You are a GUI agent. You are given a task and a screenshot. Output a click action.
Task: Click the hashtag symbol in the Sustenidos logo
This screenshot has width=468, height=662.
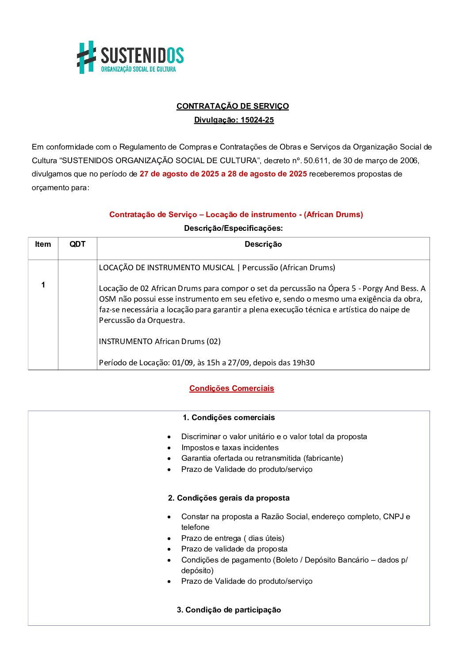(x=87, y=57)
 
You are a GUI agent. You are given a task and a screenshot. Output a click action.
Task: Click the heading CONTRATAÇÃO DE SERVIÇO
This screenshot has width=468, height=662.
(x=233, y=106)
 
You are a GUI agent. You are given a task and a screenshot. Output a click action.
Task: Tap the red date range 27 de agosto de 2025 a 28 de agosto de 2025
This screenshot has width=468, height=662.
(x=223, y=174)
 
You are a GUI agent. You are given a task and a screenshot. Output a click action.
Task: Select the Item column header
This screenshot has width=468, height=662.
(x=43, y=245)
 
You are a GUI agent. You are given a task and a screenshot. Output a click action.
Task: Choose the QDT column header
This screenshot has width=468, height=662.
(x=77, y=245)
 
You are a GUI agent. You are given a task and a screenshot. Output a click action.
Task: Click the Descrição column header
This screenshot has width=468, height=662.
(x=263, y=245)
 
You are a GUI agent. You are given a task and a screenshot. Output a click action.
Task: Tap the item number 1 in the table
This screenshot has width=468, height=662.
(x=43, y=285)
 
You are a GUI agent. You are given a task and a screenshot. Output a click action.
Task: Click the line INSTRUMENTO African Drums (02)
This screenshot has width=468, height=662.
(x=160, y=341)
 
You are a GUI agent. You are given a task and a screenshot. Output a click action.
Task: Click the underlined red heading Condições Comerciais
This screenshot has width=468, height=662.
(x=232, y=388)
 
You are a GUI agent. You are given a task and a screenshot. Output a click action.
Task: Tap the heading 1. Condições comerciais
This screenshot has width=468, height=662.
(x=229, y=417)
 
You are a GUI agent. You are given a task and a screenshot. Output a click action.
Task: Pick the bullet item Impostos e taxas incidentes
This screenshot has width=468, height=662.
(x=230, y=448)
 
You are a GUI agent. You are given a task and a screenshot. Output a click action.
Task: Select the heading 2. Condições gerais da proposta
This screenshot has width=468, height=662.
(x=229, y=498)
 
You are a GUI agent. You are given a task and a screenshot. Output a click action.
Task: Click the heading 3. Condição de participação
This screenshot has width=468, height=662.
(x=229, y=610)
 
